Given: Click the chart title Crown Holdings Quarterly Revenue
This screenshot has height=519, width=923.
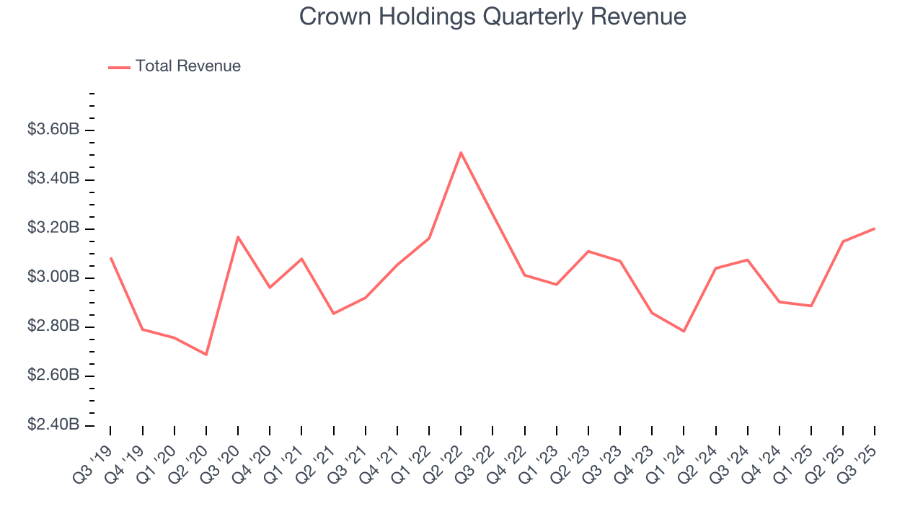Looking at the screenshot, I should tap(493, 17).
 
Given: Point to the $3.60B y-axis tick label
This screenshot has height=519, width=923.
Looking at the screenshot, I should tap(53, 130).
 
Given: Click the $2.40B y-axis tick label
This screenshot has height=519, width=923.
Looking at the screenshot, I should tap(53, 425).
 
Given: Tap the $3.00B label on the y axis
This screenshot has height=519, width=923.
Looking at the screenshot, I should tap(53, 278).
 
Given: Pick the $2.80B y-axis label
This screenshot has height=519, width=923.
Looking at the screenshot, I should tap(53, 327).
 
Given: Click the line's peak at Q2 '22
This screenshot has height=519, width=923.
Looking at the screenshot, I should tap(460, 152).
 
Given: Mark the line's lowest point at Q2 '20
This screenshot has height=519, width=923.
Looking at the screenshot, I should tap(206, 355).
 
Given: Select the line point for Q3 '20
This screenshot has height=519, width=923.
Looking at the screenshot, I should tap(238, 236).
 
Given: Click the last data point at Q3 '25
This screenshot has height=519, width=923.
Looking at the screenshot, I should tap(875, 229).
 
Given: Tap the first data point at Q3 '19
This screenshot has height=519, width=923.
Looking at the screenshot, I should tap(110, 257).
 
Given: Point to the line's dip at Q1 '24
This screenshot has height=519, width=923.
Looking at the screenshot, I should tap(684, 332).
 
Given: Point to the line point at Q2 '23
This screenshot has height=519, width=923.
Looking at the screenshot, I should tap(588, 251).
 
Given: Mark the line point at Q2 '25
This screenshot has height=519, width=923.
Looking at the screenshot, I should tap(843, 241).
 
